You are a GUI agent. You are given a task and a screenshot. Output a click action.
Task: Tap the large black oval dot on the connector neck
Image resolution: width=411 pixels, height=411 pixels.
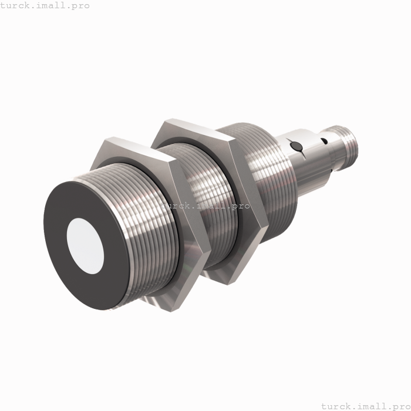point(297,146)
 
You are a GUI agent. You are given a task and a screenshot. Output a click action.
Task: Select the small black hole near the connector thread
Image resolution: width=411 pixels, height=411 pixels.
point(323,140)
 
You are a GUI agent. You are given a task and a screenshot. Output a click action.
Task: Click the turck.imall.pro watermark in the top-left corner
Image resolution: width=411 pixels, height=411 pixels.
point(45,5)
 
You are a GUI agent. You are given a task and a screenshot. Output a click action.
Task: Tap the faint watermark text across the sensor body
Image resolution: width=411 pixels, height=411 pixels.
point(206,206)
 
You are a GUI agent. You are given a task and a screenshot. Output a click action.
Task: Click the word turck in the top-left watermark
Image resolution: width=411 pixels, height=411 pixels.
point(15,5)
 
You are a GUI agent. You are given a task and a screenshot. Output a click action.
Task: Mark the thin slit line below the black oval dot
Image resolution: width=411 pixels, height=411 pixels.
point(300,153)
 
